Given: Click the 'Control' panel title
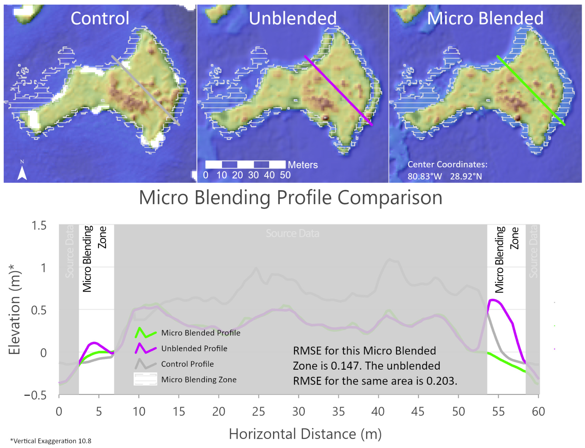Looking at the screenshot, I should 100,18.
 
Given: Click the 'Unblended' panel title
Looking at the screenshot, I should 293,18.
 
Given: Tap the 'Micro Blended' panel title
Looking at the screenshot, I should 485,18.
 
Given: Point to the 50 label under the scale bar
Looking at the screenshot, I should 285,175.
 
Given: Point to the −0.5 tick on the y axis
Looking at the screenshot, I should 35,395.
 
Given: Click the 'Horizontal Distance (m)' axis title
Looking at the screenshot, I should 305,434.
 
